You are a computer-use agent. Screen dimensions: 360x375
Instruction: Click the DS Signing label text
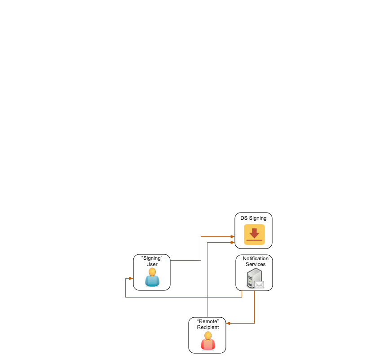[253, 218]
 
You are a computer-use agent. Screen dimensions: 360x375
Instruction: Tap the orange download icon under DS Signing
[254, 235]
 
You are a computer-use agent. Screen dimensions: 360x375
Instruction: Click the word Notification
[256, 258]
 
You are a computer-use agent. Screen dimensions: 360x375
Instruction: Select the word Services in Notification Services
[256, 264]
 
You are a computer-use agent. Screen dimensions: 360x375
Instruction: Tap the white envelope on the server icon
[259, 284]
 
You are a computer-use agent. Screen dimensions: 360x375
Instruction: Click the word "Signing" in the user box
[152, 258]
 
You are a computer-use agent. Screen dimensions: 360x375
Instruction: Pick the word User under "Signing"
[152, 264]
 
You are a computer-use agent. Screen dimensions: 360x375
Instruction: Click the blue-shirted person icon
[152, 278]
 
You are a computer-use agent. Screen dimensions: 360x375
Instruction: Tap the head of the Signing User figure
[152, 272]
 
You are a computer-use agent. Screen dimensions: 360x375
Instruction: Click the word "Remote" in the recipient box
[208, 321]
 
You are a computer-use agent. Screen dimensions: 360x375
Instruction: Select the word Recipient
[208, 327]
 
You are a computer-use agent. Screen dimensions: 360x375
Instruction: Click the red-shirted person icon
[208, 342]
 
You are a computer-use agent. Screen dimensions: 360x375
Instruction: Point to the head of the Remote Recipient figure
[208, 335]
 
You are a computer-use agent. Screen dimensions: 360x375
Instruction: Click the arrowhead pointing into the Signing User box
[131, 279]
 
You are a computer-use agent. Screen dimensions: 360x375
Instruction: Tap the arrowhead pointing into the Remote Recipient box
[228, 323]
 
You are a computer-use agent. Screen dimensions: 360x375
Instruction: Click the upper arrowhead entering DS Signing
[232, 236]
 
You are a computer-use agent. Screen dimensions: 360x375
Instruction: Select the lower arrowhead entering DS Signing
[232, 242]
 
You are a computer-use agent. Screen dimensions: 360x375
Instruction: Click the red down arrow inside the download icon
[254, 233]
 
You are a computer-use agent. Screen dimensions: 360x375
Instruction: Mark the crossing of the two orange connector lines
[207, 297]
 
